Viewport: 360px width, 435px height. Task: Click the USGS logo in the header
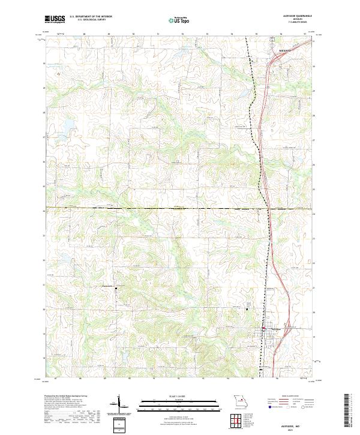click(55, 19)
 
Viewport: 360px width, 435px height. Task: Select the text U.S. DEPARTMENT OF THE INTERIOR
click(89, 17)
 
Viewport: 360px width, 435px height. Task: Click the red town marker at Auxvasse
click(262, 329)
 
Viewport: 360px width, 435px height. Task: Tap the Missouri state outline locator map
click(239, 401)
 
